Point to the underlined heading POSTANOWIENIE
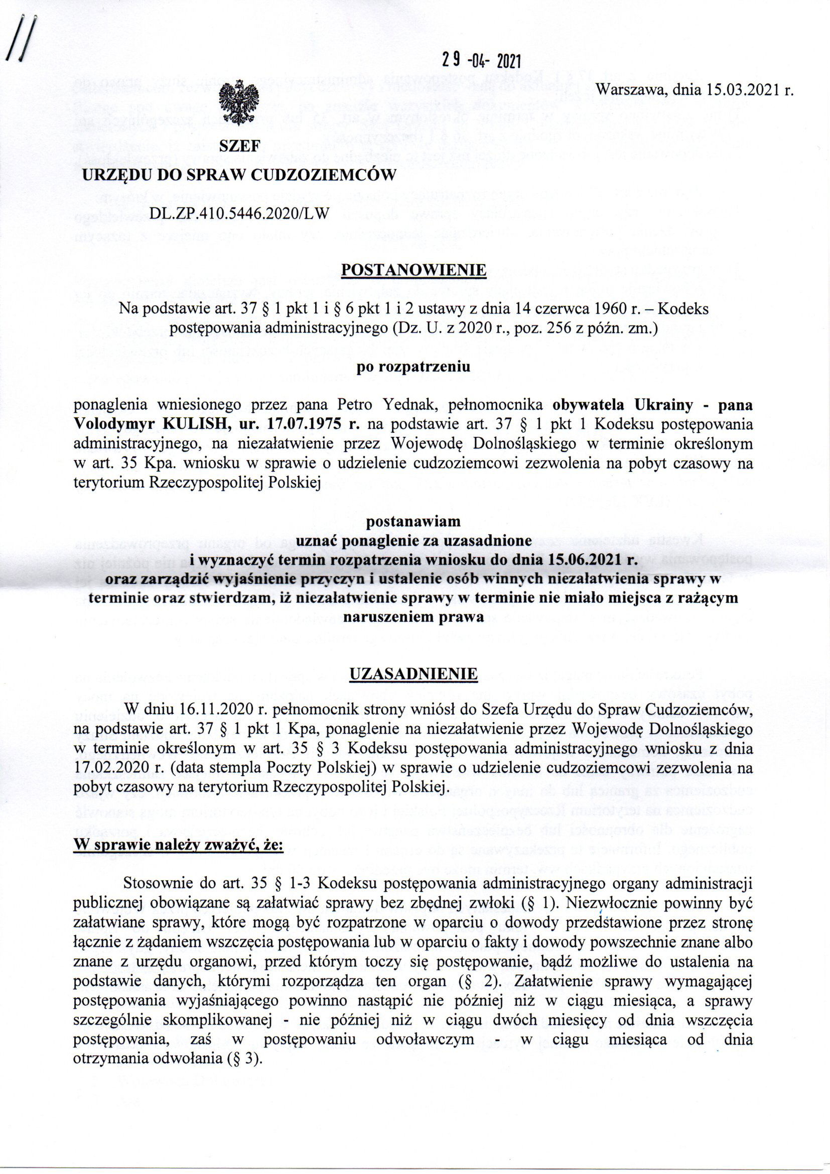click(x=414, y=270)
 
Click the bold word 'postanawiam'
click(x=414, y=522)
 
